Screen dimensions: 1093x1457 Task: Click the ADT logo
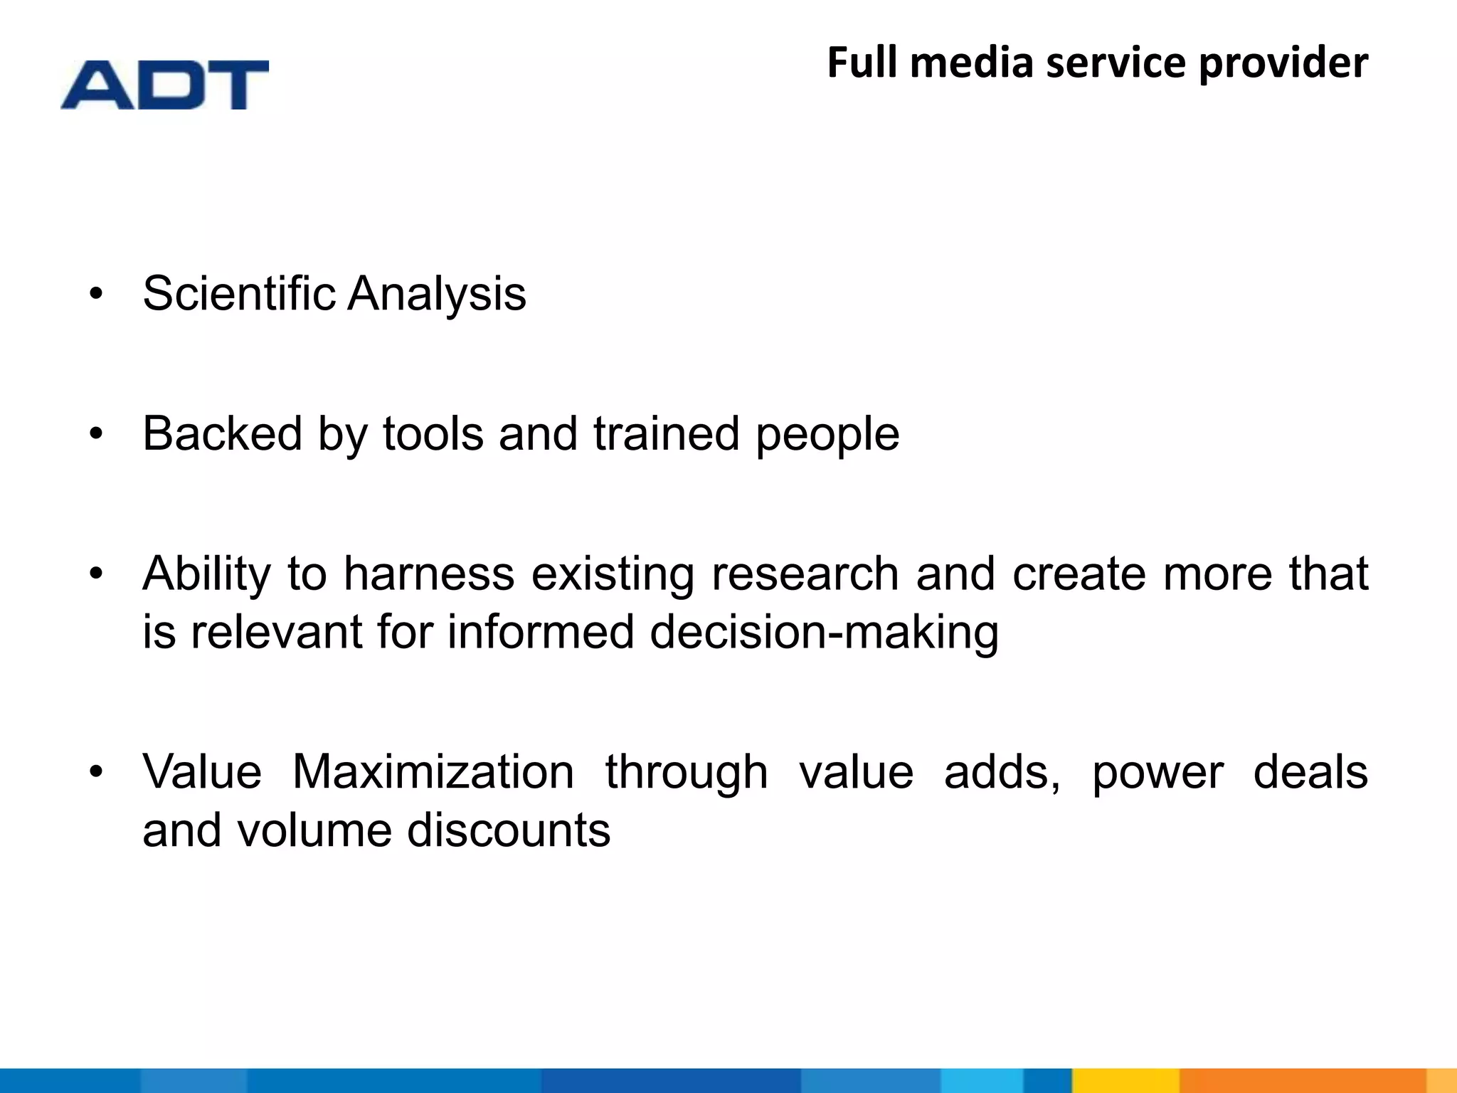[x=165, y=85]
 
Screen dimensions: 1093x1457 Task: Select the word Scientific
[x=239, y=293]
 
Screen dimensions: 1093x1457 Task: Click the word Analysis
[x=437, y=295]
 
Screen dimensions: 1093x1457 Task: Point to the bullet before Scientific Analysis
[x=97, y=293]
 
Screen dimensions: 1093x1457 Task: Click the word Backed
[x=222, y=433]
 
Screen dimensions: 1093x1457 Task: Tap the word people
[x=827, y=435]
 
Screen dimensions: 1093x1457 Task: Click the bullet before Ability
[x=97, y=573]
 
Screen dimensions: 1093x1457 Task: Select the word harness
[x=429, y=574]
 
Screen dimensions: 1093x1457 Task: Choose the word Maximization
[x=433, y=772]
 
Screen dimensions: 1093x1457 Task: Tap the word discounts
[x=508, y=830]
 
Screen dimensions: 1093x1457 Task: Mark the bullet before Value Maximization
[x=97, y=771]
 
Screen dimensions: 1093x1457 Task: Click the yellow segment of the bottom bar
[x=1125, y=1080]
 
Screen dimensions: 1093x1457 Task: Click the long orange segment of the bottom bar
[x=1302, y=1080]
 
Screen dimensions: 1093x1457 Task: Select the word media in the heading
[x=971, y=62]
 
